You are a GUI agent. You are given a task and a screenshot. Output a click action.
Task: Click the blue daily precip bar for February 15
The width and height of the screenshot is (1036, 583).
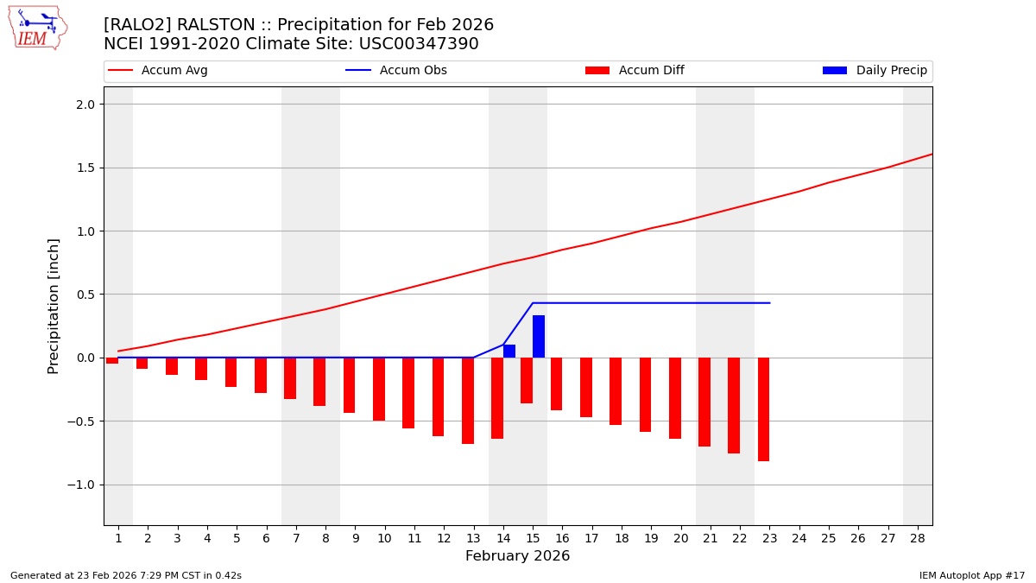pyautogui.click(x=539, y=337)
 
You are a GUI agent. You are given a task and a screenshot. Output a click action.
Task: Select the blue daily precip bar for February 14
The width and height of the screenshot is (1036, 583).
pyautogui.click(x=509, y=352)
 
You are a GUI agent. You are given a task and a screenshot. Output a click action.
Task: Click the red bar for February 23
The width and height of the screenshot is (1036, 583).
pyautogui.click(x=763, y=409)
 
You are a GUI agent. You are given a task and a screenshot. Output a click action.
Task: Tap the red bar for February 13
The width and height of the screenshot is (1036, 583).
pyautogui.click(x=468, y=401)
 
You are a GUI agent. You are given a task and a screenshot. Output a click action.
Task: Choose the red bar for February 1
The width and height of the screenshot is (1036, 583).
pyautogui.click(x=112, y=361)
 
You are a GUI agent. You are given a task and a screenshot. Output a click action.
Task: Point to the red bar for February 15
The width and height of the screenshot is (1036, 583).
pyautogui.click(x=527, y=380)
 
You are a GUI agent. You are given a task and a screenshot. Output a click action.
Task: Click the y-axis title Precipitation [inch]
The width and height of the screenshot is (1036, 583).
pyautogui.click(x=54, y=306)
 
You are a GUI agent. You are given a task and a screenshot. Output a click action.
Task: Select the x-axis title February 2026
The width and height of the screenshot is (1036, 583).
pyautogui.click(x=517, y=556)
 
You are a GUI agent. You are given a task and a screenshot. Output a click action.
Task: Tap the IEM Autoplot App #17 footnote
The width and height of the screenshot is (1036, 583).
pyautogui.click(x=972, y=575)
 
